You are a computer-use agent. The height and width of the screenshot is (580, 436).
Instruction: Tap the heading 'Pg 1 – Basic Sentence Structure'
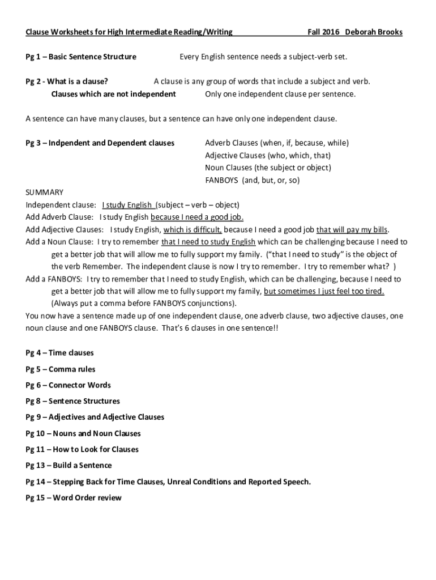[x=81, y=57]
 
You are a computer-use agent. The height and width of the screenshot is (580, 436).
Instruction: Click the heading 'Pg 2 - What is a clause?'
[x=67, y=82]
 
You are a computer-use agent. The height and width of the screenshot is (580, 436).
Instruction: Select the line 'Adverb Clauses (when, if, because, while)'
[x=276, y=143]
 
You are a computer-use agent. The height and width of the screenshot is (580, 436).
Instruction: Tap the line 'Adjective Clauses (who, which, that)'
[x=268, y=155]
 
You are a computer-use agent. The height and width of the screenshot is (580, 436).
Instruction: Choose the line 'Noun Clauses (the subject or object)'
[x=268, y=168]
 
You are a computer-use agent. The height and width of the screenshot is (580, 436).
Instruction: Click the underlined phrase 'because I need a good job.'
[x=197, y=217]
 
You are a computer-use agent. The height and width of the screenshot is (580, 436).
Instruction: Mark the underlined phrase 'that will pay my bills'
[x=352, y=230]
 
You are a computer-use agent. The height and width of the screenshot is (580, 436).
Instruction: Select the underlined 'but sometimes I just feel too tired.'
[x=324, y=292]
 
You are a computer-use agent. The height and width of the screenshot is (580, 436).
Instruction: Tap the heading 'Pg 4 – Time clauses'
[x=60, y=353]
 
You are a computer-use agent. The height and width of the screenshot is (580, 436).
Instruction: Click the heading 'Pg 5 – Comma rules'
[x=61, y=369]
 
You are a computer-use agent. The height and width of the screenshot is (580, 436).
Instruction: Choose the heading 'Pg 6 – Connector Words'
[x=69, y=385]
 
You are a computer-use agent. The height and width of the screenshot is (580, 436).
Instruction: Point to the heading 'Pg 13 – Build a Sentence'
[x=69, y=466]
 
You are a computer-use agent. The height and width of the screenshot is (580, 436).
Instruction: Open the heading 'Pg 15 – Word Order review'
[x=74, y=498]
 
